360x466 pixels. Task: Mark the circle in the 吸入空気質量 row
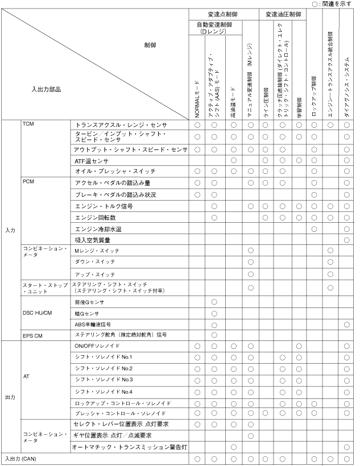point(346,240)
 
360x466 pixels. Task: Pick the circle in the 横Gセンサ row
point(214,313)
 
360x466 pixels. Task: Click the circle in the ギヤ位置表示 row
point(250,435)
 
